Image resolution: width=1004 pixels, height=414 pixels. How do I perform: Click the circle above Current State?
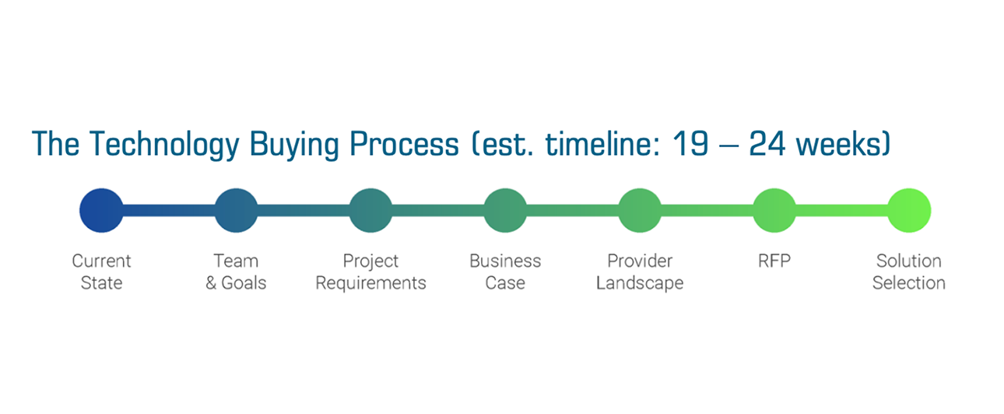(x=101, y=211)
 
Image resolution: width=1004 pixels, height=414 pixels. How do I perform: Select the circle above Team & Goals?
(x=236, y=211)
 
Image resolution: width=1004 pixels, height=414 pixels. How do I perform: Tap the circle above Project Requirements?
(x=370, y=211)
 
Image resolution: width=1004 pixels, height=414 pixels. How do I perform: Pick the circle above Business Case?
(x=505, y=211)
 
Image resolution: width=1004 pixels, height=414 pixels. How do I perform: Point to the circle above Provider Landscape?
(x=640, y=211)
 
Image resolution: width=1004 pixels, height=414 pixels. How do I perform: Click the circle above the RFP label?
(x=774, y=211)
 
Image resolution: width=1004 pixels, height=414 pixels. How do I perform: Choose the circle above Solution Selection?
(x=909, y=211)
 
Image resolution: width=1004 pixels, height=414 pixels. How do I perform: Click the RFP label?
(x=774, y=261)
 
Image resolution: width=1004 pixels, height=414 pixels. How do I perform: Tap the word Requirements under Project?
(x=370, y=283)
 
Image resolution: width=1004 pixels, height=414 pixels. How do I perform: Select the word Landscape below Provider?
(x=640, y=283)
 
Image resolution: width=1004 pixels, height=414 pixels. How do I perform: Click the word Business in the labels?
(x=505, y=261)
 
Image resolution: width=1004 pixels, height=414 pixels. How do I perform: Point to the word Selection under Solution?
(x=909, y=283)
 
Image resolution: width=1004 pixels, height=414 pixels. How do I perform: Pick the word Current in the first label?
(x=101, y=261)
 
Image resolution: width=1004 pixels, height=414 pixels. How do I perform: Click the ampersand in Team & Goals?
(x=211, y=283)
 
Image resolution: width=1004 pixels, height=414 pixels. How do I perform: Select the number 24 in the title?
(x=767, y=144)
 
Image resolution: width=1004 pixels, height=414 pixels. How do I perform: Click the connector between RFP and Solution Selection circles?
(x=842, y=211)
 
